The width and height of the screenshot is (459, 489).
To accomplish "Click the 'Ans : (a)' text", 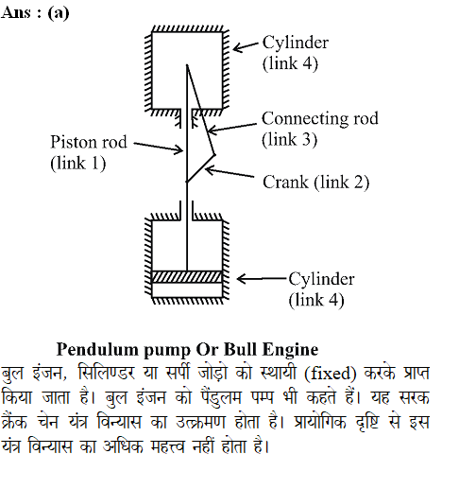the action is click(35, 13).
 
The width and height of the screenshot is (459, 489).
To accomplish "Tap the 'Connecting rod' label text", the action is click(320, 119).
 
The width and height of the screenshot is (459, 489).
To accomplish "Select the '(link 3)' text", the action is click(289, 139).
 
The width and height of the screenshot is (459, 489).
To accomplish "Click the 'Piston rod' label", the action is click(89, 142).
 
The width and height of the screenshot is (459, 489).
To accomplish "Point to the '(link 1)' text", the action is click(78, 163).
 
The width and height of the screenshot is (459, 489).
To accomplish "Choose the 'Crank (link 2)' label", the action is click(316, 183).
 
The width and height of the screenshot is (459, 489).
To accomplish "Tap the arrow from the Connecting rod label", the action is click(232, 128).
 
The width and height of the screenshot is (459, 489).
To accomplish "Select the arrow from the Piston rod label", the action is click(159, 147).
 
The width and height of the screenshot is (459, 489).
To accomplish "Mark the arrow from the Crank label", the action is click(229, 172).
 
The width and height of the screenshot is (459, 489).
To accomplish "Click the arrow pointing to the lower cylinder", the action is click(262, 279).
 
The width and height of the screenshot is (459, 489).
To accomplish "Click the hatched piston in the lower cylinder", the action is click(187, 276).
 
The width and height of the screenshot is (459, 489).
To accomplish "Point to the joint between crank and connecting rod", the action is click(214, 154).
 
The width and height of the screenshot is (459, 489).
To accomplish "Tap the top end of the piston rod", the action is click(187, 65).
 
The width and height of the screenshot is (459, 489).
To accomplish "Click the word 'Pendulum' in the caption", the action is click(97, 350).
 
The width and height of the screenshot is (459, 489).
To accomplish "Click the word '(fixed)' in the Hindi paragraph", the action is click(331, 374).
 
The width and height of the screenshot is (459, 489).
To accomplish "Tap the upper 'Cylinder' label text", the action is click(296, 44).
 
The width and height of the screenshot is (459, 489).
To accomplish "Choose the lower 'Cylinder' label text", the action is click(322, 280).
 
